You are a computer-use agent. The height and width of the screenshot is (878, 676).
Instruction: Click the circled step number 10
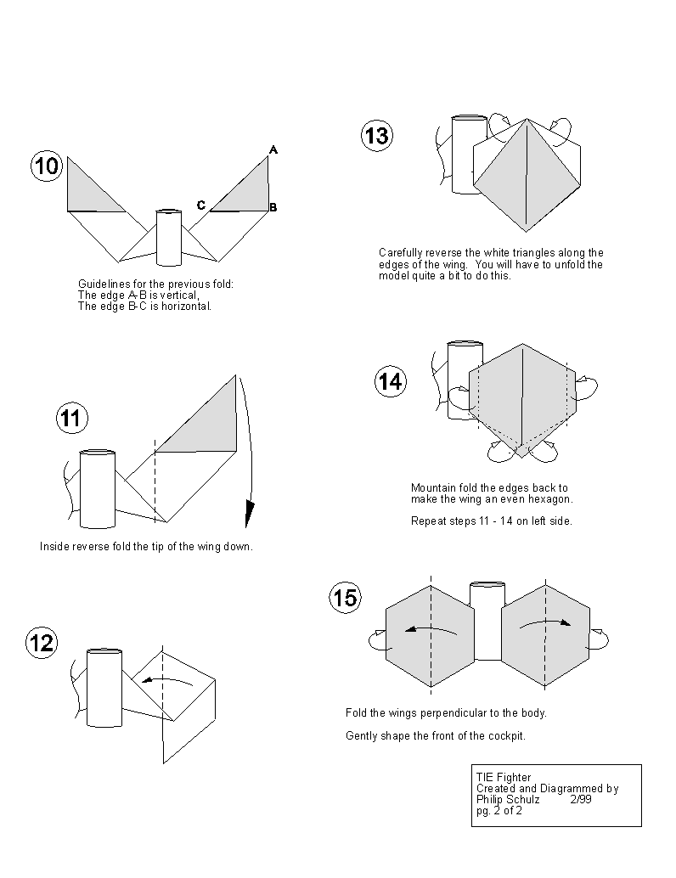click(x=47, y=166)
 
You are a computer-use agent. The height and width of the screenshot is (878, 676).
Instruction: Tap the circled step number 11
click(x=71, y=419)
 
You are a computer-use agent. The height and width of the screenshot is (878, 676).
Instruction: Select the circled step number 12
click(x=42, y=643)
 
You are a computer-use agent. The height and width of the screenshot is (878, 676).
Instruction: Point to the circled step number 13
click(x=377, y=136)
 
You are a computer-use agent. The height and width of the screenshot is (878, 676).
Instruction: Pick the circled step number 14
click(x=391, y=382)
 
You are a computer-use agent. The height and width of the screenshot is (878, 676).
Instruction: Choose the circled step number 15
click(x=345, y=598)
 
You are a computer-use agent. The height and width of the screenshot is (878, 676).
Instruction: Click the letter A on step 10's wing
click(x=273, y=149)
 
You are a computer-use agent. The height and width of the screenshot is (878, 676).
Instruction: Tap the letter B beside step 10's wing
click(x=273, y=207)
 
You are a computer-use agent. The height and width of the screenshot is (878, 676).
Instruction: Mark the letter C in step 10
click(x=201, y=205)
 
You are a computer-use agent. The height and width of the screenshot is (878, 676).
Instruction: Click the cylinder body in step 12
click(x=104, y=688)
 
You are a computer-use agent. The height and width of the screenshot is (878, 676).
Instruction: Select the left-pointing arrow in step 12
click(x=167, y=682)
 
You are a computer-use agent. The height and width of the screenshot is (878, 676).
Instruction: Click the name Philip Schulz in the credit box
click(x=508, y=800)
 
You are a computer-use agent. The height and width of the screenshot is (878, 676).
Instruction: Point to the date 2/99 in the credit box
click(x=581, y=800)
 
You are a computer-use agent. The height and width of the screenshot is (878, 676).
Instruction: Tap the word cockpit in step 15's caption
click(x=508, y=736)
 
